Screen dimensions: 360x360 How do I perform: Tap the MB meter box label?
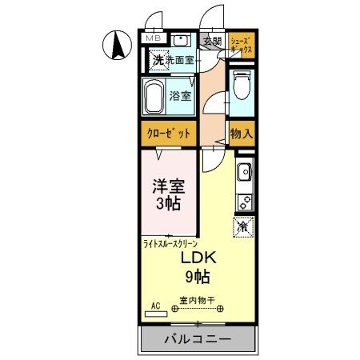[x=152, y=38]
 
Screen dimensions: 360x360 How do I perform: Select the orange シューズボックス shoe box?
[x=242, y=44]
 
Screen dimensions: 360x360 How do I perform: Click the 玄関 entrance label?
[x=211, y=42]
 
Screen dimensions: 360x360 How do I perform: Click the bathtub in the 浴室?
[x=156, y=97]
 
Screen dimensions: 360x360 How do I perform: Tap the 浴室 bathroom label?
[x=180, y=96]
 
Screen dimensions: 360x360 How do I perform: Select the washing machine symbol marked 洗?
[x=158, y=59]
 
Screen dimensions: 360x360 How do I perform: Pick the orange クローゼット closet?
[x=169, y=133]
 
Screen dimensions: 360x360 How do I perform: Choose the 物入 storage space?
[x=241, y=134]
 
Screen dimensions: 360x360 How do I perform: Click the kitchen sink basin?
[x=242, y=170]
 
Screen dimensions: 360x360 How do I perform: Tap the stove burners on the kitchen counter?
[x=243, y=201]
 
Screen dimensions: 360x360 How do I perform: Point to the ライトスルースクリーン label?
[x=170, y=243]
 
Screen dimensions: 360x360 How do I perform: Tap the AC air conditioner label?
[x=155, y=305]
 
